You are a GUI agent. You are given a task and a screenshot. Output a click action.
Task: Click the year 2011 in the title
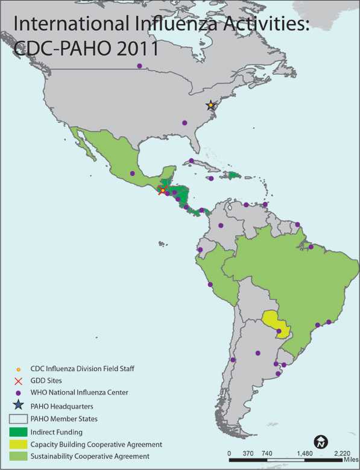point(133,48)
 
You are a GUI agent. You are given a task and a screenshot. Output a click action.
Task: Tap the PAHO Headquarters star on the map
point(210,105)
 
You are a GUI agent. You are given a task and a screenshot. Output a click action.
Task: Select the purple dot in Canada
point(140,66)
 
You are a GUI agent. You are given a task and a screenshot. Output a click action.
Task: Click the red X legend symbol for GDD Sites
point(18,381)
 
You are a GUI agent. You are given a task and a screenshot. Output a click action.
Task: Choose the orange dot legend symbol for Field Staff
point(18,369)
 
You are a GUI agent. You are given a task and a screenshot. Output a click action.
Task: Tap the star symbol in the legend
point(18,406)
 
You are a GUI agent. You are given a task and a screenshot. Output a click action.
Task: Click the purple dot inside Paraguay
point(279,331)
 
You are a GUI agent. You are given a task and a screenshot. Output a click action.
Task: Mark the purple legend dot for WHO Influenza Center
point(18,392)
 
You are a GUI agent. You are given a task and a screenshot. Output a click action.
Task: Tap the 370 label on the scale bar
point(247,453)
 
